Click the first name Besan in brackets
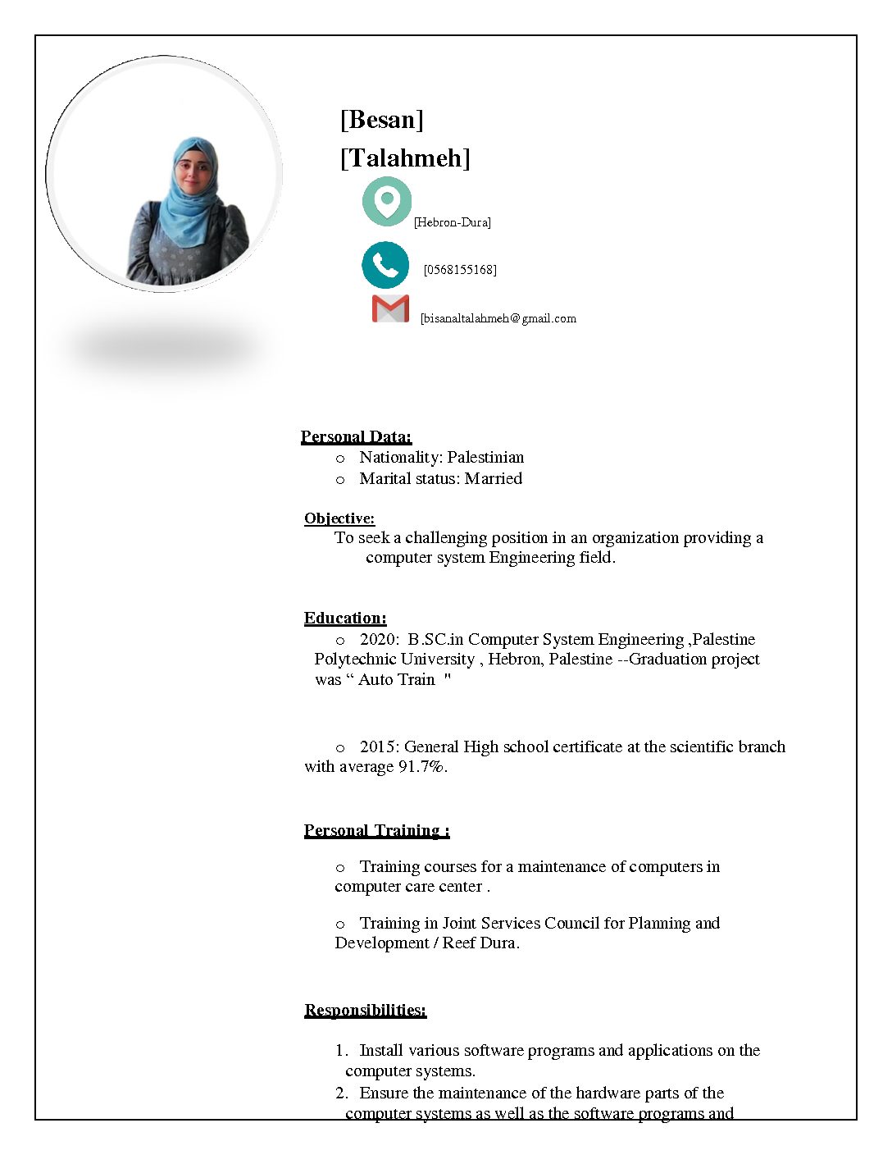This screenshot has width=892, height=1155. coord(381,120)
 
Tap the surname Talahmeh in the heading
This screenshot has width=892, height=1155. coord(405,157)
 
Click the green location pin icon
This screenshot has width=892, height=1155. coord(386,201)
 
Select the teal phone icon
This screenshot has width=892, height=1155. coord(385,265)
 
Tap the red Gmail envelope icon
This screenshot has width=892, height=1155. coord(390,308)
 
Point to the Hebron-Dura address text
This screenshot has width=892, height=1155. coord(453,222)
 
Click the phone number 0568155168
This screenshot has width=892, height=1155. coord(460,270)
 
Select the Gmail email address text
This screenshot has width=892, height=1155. coord(498,318)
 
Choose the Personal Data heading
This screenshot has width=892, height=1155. coord(356,436)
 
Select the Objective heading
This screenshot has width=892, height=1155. coord(339,518)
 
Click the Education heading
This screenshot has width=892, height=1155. coord(345,619)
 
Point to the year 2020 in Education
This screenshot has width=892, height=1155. coord(378,639)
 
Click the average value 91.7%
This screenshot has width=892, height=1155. coord(421,767)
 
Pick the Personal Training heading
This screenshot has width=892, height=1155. coord(376,830)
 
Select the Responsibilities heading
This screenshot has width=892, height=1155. coord(365,1010)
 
